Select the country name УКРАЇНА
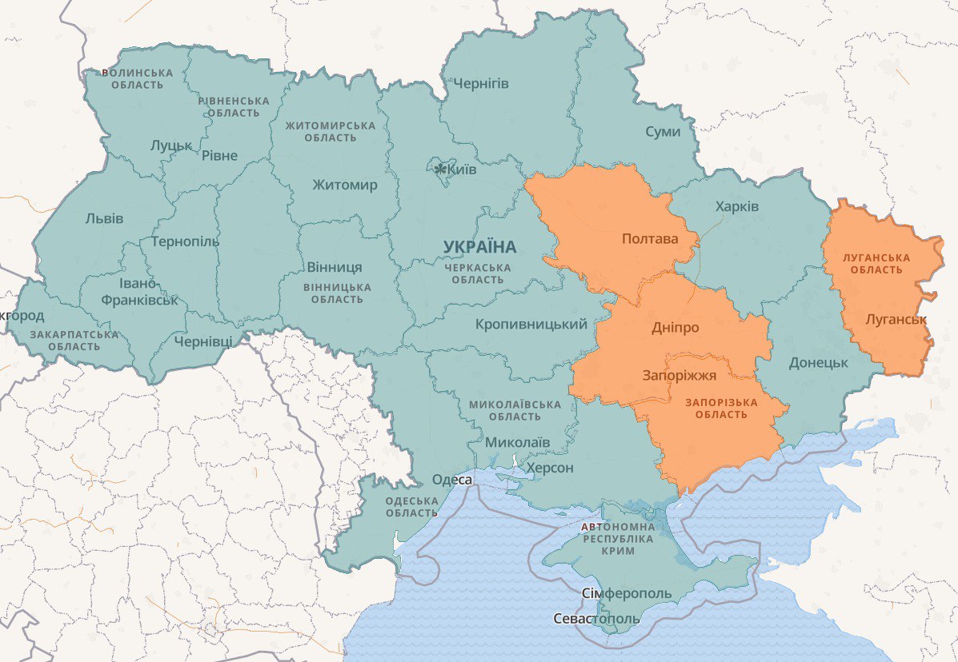click(x=480, y=246)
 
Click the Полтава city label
click(x=649, y=238)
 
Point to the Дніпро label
click(x=675, y=328)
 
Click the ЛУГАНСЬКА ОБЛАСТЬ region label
click(x=876, y=264)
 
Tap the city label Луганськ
click(x=896, y=319)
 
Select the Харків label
click(x=737, y=206)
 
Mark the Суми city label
click(x=663, y=131)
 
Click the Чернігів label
click(x=481, y=84)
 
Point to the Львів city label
click(x=104, y=218)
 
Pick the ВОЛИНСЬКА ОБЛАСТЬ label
click(x=137, y=78)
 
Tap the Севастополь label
click(x=596, y=619)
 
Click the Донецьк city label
click(x=818, y=362)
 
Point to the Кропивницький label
click(x=531, y=325)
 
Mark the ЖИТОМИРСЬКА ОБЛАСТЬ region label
click(x=331, y=132)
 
